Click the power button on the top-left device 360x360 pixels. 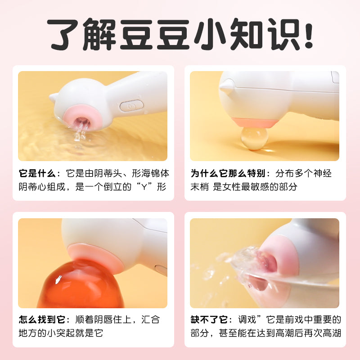coord(131,106)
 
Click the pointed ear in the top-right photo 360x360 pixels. coord(226,85)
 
